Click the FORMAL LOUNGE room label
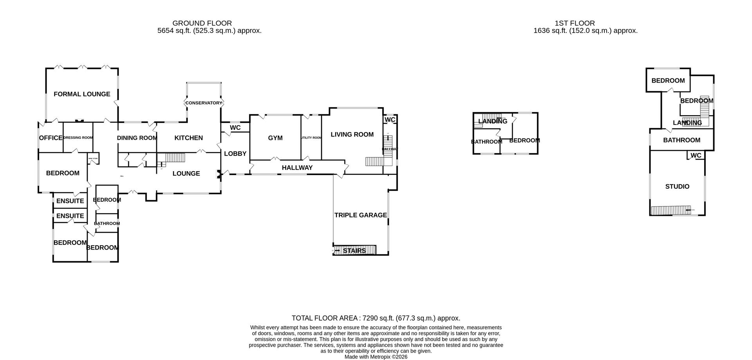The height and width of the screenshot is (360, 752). pyautogui.click(x=82, y=94)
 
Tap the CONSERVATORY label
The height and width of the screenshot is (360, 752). pyautogui.click(x=204, y=103)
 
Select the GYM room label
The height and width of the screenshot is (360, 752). pyautogui.click(x=275, y=138)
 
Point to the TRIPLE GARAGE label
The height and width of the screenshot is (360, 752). pyautogui.click(x=360, y=215)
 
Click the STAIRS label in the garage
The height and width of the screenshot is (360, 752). pyautogui.click(x=354, y=251)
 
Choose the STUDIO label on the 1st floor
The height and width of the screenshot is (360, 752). pyautogui.click(x=677, y=186)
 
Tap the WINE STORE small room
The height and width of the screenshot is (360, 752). pyautogui.click(x=93, y=159)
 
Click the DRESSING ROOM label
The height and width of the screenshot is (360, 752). pyautogui.click(x=78, y=137)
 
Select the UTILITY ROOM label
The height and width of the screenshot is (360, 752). pyautogui.click(x=311, y=138)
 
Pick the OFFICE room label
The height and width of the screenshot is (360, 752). pyautogui.click(x=51, y=138)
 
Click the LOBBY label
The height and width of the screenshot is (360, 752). pyautogui.click(x=235, y=154)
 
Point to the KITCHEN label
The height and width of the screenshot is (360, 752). pyautogui.click(x=188, y=138)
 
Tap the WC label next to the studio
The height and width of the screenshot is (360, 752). pyautogui.click(x=696, y=156)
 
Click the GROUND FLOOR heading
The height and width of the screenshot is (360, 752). pyautogui.click(x=202, y=24)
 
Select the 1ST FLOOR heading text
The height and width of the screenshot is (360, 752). pyautogui.click(x=575, y=24)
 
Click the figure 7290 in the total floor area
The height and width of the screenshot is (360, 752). pyautogui.click(x=370, y=318)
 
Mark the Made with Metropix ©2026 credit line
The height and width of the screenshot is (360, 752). pyautogui.click(x=376, y=357)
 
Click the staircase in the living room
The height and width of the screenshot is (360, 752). pyautogui.click(x=374, y=161)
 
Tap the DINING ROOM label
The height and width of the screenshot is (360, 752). pyautogui.click(x=137, y=138)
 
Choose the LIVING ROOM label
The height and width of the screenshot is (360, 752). pyautogui.click(x=352, y=134)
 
